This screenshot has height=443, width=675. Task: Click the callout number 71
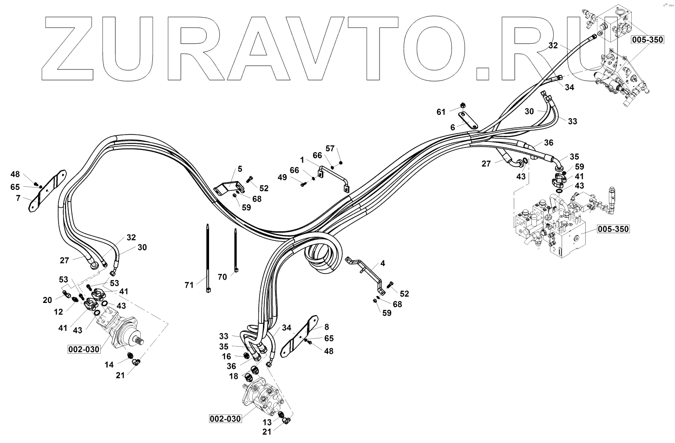tap(189, 285)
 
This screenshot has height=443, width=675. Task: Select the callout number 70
tap(223, 277)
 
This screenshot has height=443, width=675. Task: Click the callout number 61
tap(441, 112)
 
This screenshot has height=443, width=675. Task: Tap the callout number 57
tap(329, 148)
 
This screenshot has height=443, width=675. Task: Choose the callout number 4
tap(382, 263)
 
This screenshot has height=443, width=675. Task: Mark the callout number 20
tap(47, 300)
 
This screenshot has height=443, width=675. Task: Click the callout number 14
tap(109, 365)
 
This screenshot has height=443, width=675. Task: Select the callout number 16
tap(226, 356)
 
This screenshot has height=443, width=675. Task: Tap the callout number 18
tap(234, 376)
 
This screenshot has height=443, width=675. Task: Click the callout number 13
tap(267, 422)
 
